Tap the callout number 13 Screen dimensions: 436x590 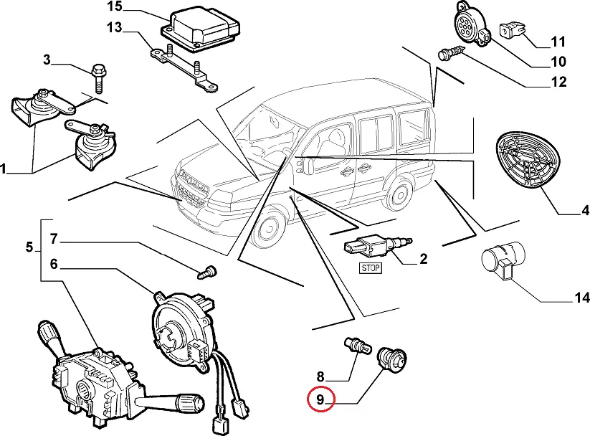115,28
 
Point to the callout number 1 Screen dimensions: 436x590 4,170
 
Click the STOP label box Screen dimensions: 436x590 370,267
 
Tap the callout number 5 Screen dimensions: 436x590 29,248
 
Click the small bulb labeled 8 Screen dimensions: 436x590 356,345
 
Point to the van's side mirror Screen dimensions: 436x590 308,164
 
